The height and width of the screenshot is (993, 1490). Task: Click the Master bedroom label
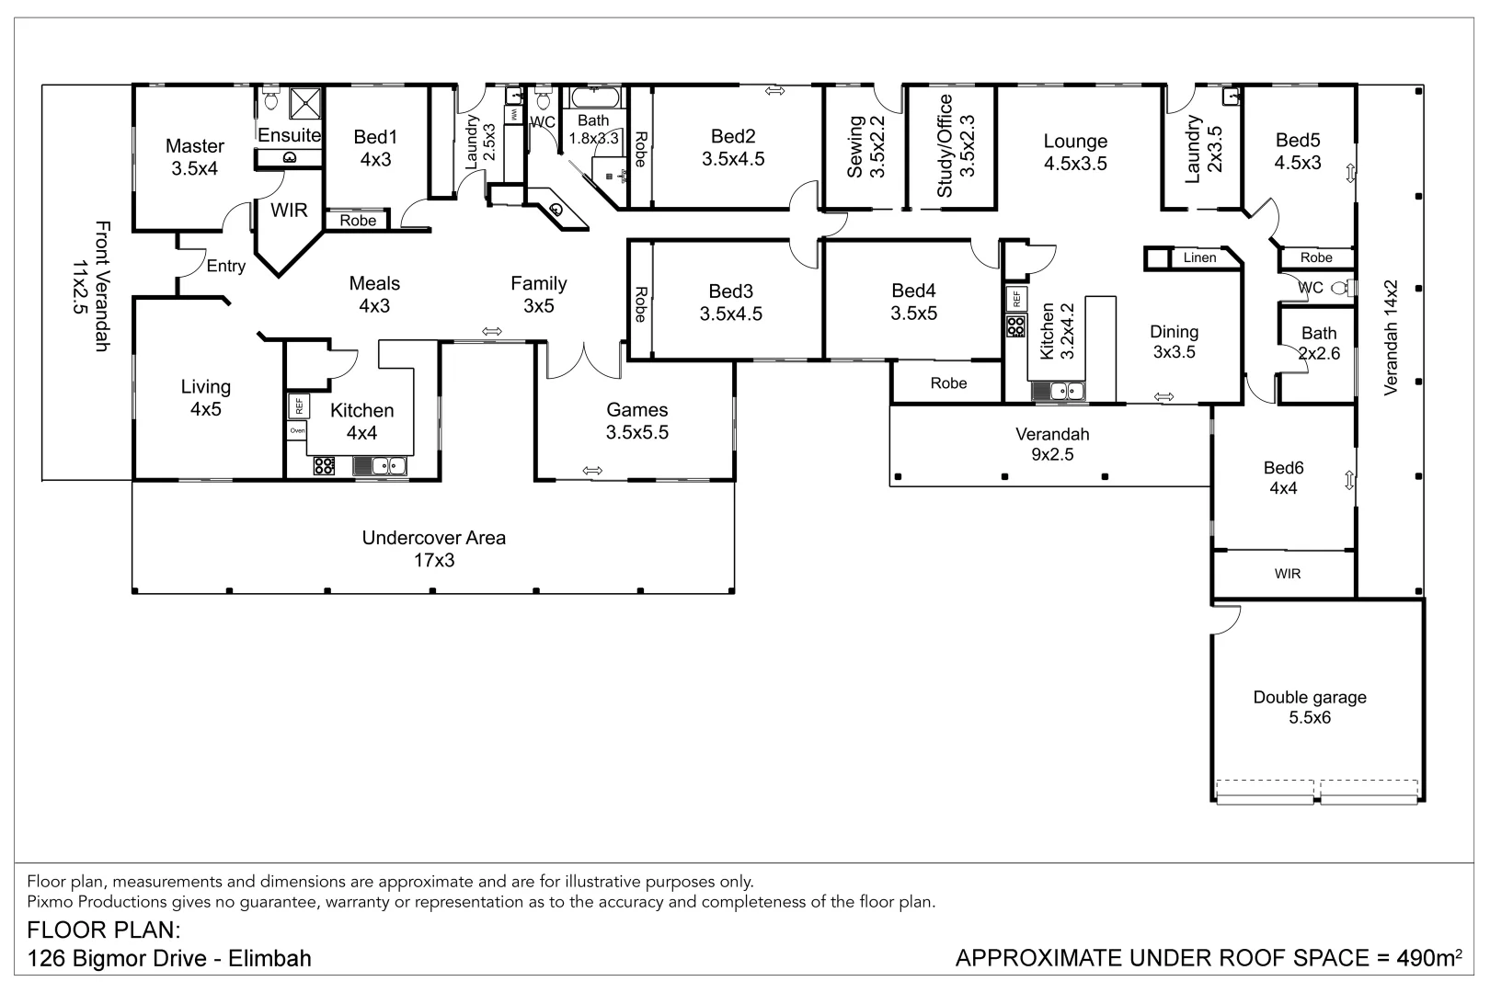194,145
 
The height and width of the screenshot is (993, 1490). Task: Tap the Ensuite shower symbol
305,103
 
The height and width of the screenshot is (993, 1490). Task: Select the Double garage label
1310,697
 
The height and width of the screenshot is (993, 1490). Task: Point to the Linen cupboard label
1199,257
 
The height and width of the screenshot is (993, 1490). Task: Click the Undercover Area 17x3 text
434,549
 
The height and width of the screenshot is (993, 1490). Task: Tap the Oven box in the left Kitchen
297,431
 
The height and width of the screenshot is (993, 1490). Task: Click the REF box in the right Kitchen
1016,300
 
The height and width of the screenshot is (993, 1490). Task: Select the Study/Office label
945,146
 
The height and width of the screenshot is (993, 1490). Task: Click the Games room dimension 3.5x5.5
636,432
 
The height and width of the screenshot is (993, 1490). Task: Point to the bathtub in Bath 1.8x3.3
595,97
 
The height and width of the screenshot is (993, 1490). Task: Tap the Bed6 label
1283,468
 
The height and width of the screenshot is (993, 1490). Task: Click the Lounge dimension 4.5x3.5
1075,164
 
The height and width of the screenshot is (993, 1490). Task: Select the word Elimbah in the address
269,958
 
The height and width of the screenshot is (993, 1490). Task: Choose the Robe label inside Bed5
1316,257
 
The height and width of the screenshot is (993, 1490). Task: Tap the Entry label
225,266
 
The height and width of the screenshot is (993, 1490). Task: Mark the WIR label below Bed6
1288,574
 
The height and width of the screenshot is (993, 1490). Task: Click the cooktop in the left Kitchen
324,465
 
